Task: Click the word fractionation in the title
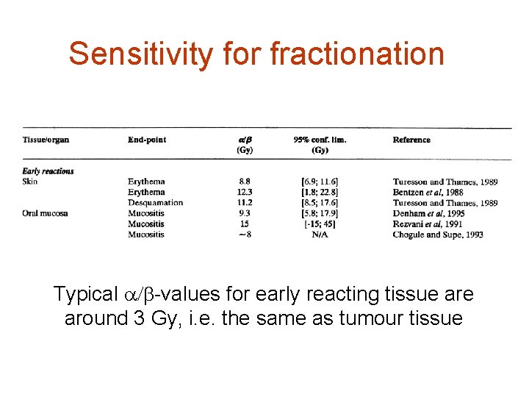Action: (357, 54)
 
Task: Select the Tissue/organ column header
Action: (46, 140)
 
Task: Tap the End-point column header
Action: (147, 140)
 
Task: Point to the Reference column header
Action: (411, 140)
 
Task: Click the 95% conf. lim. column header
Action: (320, 140)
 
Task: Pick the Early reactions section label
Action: (48, 171)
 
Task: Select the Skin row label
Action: (31, 182)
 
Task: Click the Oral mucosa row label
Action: (46, 213)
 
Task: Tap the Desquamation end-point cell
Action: (155, 203)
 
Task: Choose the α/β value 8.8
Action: (245, 182)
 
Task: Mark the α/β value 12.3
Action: (245, 192)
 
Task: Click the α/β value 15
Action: (245, 224)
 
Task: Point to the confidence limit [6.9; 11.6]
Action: (320, 182)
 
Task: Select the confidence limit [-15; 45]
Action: (320, 224)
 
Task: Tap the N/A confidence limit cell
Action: (320, 235)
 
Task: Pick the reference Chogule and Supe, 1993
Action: (438, 235)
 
